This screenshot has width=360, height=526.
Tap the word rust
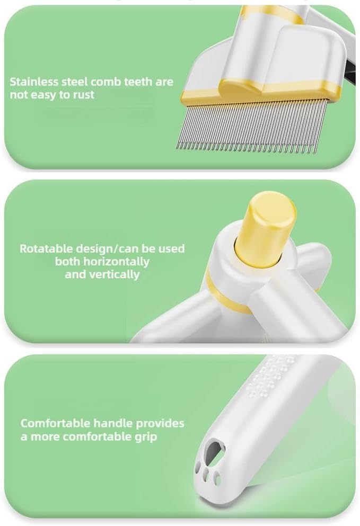[x=83, y=95]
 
